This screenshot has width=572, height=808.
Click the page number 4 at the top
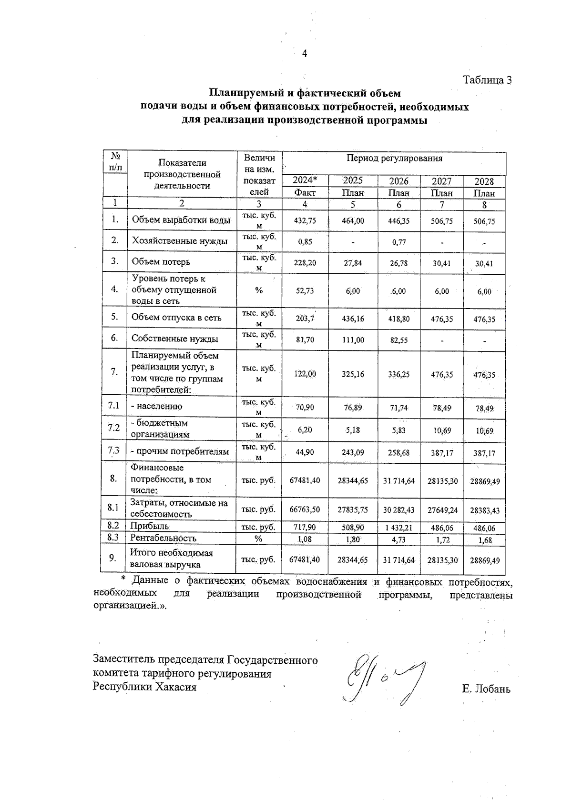(x=305, y=53)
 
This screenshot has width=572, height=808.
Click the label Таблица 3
(x=487, y=80)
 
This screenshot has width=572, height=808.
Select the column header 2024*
(x=305, y=180)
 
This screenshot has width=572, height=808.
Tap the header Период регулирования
(x=394, y=158)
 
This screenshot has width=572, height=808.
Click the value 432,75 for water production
(x=305, y=221)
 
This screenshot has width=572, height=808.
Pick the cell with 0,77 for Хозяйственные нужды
(x=399, y=241)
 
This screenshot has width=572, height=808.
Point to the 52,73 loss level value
(x=305, y=291)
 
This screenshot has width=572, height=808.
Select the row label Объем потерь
(x=161, y=262)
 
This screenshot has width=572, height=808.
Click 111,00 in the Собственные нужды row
(x=353, y=340)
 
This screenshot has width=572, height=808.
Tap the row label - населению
(x=156, y=407)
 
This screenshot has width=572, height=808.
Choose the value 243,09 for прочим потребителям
(x=353, y=452)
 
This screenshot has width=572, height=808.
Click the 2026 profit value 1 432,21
(x=399, y=528)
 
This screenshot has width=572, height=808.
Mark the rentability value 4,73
(x=399, y=540)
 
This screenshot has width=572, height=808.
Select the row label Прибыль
(x=150, y=526)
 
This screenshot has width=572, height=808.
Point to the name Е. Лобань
(x=486, y=689)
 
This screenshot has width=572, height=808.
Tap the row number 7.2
(x=113, y=428)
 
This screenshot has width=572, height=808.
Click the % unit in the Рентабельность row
(x=258, y=539)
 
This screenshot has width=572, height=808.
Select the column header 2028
(x=484, y=181)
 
